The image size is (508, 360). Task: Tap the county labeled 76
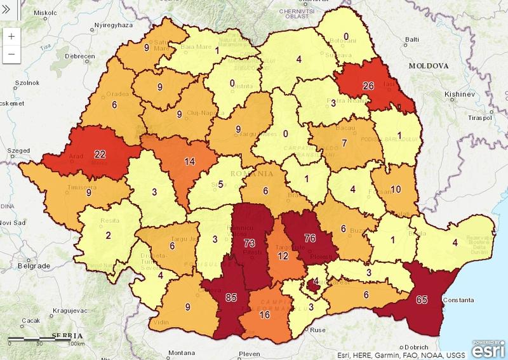pyautogui.click(x=310, y=239)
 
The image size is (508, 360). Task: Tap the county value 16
pyautogui.click(x=264, y=314)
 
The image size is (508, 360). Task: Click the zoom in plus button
pyautogui.click(x=12, y=36)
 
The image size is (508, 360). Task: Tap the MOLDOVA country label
pyautogui.click(x=429, y=66)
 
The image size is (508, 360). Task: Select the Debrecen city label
pyautogui.click(x=77, y=56)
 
